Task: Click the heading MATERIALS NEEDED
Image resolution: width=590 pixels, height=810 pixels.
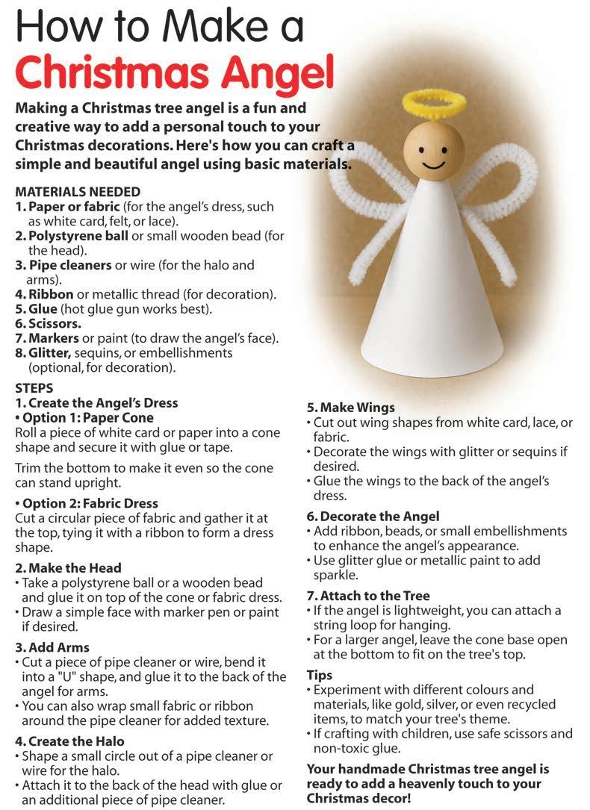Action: point(78,192)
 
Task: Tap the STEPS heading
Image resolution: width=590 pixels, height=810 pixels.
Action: point(34,388)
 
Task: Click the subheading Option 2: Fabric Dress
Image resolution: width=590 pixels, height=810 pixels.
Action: point(87,503)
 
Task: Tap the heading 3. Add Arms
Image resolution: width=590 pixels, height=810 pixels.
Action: point(52,647)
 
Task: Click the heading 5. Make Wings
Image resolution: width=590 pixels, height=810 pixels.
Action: point(351,408)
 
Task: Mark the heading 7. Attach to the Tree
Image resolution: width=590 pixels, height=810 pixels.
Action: point(368,596)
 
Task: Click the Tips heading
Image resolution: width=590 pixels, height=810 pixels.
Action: point(320,675)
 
